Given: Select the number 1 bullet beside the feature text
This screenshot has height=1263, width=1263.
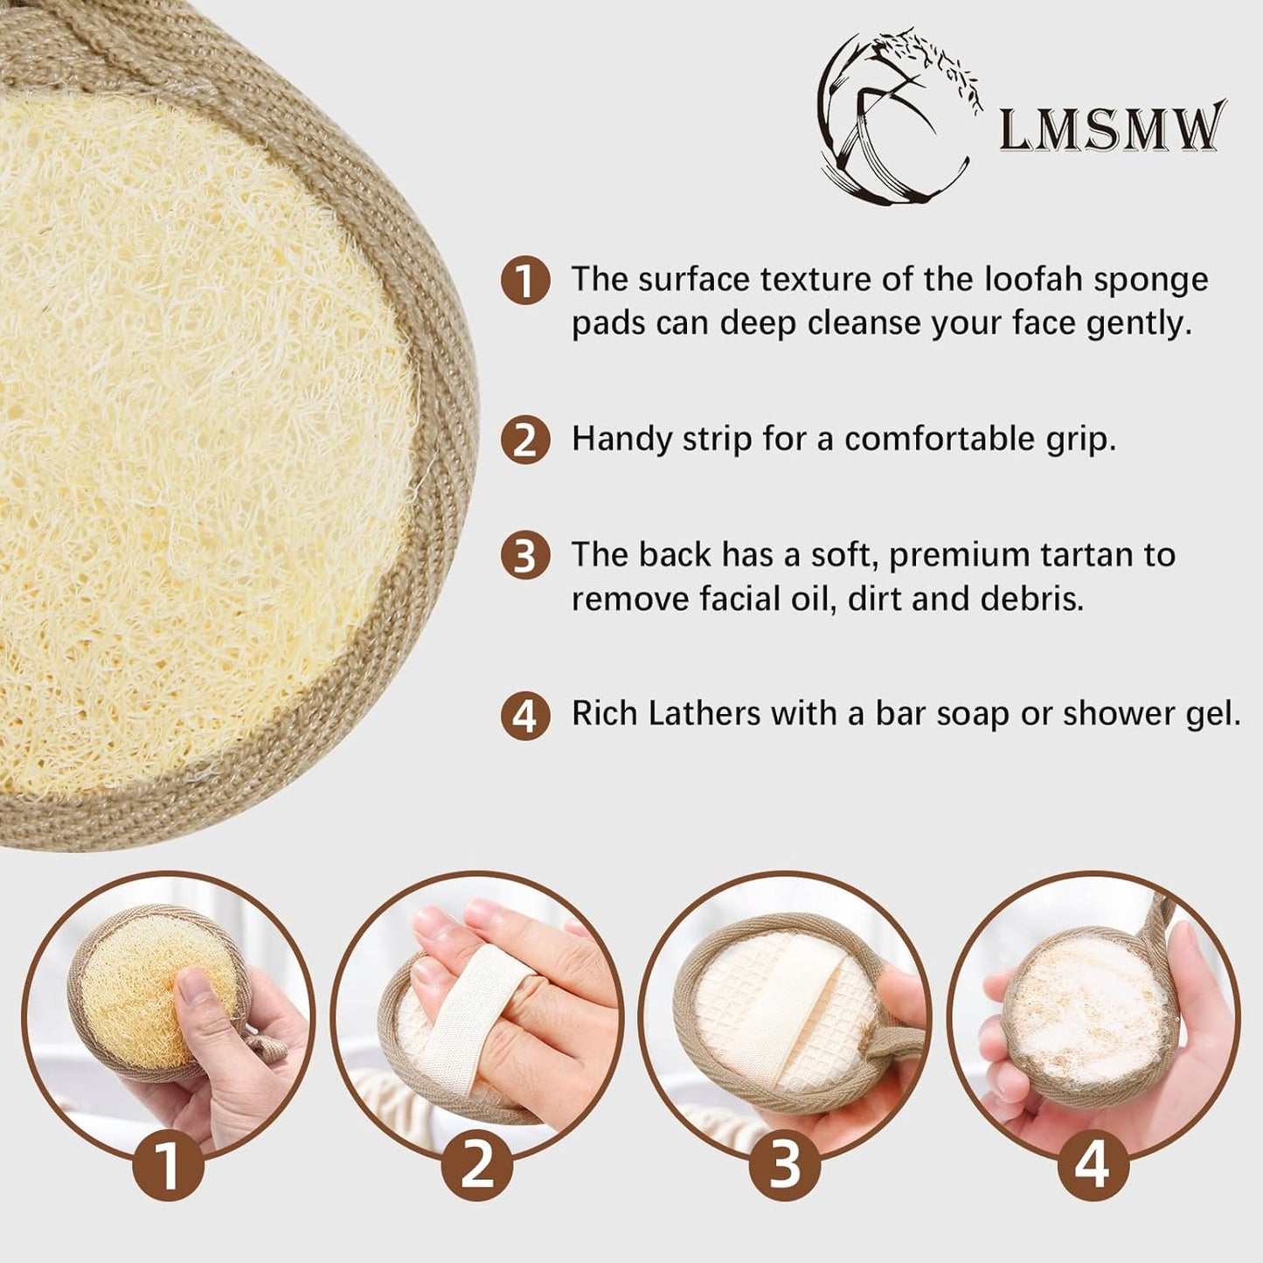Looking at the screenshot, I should pos(524,281).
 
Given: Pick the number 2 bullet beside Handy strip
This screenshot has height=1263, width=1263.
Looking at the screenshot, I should pos(524,439).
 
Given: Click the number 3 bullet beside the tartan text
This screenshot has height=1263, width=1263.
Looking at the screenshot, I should pos(524,556).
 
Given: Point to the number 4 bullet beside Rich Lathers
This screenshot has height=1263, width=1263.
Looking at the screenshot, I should pos(524,716).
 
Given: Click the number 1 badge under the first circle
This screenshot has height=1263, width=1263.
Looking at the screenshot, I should pos(168,1164).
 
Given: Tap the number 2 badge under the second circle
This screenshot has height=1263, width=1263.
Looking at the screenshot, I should pos(476,1164).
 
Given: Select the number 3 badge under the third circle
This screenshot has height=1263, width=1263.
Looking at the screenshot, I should pos(785,1164).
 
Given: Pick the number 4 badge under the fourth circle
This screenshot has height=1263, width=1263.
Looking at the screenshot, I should pos(1093,1164).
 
